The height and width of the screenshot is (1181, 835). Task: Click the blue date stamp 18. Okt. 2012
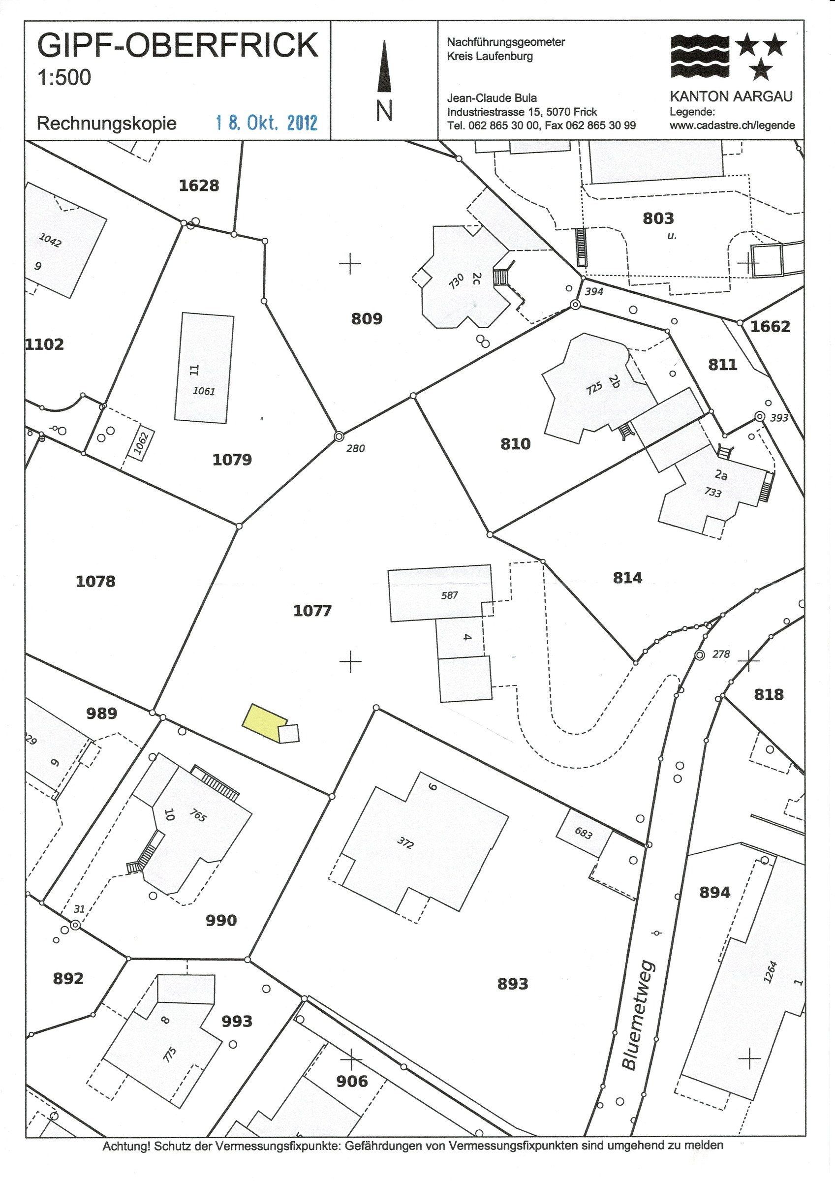(267, 123)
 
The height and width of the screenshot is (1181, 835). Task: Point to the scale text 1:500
(64, 77)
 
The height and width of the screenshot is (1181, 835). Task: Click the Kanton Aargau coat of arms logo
(729, 57)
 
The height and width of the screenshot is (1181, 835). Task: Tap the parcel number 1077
(312, 611)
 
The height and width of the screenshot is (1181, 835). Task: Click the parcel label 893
(512, 984)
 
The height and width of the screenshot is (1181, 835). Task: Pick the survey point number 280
(356, 448)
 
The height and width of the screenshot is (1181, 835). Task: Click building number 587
(449, 595)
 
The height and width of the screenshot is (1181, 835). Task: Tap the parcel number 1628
(199, 185)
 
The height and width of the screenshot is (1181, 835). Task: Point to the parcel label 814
(628, 578)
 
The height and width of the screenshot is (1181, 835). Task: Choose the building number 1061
(204, 391)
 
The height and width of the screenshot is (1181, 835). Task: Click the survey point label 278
(721, 654)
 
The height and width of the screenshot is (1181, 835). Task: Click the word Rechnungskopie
(106, 124)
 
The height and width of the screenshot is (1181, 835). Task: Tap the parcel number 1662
(770, 326)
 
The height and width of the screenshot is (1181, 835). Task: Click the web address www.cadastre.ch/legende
(732, 125)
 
